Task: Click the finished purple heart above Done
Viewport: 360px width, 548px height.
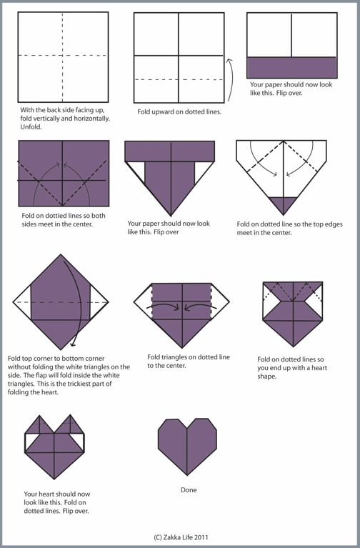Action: pos(187,446)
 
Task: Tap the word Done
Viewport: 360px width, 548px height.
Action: pos(189,490)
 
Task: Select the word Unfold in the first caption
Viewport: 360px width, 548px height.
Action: pos(31,127)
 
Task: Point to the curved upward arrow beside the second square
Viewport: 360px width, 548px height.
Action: pos(229,80)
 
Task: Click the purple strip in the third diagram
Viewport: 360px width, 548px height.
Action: pos(292,67)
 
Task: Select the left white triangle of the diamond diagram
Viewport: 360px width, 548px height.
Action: pos(22,302)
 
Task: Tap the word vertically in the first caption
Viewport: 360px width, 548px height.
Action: pos(46,119)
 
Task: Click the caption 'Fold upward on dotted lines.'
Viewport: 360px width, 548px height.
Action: pos(179,112)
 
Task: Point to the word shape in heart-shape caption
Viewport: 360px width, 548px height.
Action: pos(267,377)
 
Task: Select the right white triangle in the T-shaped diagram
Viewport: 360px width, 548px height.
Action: pos(201,170)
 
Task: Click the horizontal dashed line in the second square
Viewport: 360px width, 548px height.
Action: pos(179,80)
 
